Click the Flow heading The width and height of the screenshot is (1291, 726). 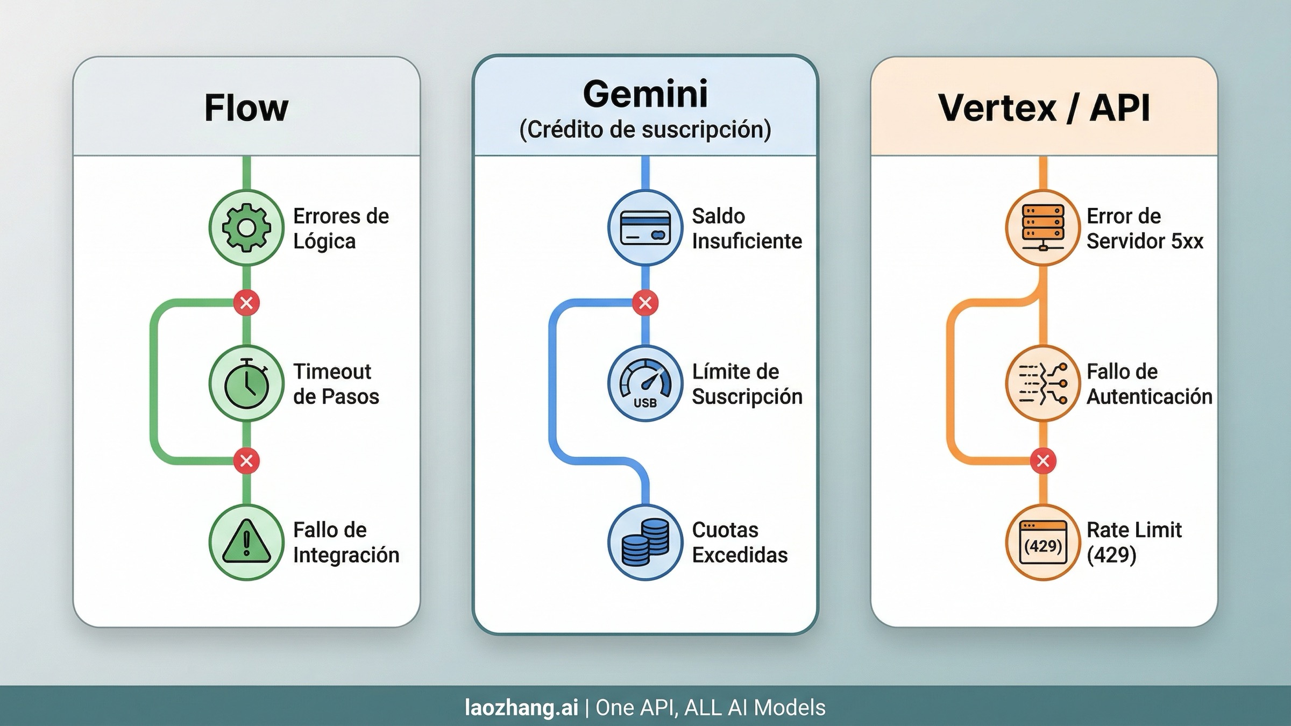tap(246, 108)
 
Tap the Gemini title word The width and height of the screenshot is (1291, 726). tap(645, 94)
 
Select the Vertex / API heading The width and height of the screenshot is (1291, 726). tap(1044, 108)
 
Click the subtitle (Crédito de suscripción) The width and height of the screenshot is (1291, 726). tap(645, 130)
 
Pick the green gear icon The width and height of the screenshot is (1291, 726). tap(246, 228)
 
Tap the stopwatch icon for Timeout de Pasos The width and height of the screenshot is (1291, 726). tap(246, 383)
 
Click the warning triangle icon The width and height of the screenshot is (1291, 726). tap(246, 542)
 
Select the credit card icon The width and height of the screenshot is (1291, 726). tap(645, 228)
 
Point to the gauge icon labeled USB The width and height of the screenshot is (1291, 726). tap(645, 383)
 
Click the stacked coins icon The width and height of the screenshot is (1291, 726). tap(645, 542)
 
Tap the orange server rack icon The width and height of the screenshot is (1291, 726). tap(1043, 228)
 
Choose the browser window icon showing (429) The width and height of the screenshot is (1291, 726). tap(1043, 542)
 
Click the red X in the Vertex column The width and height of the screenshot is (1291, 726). tap(1043, 461)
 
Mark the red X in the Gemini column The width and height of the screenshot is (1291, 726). tap(645, 303)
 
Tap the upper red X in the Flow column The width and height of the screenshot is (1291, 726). tap(246, 303)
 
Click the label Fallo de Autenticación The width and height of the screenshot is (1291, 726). tap(1149, 384)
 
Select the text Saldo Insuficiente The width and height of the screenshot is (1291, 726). tap(747, 229)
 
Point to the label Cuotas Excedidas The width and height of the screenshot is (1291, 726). tap(740, 542)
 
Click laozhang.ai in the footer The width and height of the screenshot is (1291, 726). tap(521, 707)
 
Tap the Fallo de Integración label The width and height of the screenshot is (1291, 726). tap(346, 542)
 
